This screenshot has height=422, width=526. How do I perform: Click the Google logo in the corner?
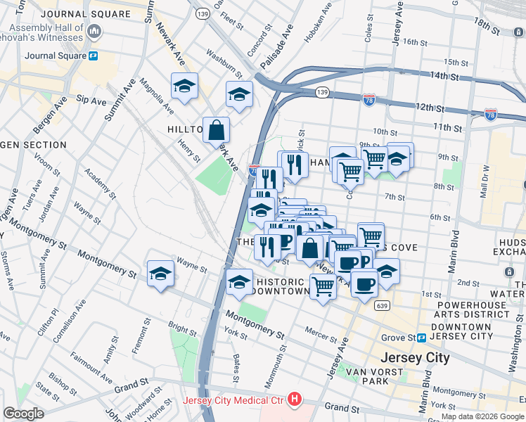point(24,413)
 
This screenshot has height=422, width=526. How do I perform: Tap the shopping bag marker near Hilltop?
point(217,129)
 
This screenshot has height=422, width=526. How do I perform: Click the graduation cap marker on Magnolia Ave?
point(184,86)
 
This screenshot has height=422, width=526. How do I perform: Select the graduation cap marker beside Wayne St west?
point(160,274)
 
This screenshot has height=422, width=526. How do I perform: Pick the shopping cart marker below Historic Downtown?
point(322,286)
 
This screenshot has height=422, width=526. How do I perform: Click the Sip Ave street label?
point(91,100)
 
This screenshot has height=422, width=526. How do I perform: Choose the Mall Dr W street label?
point(484,183)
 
